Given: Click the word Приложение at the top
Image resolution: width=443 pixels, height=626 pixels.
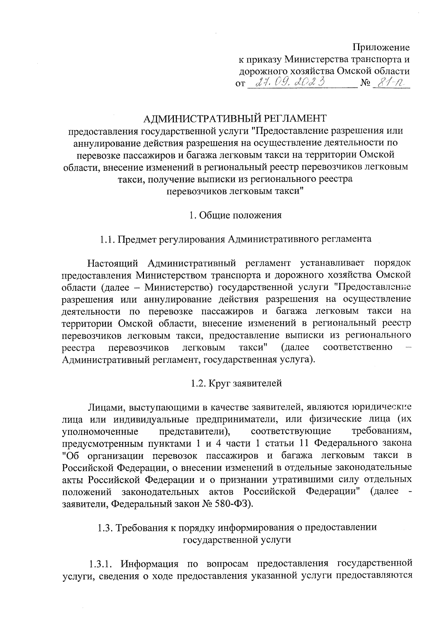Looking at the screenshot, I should (x=381, y=48).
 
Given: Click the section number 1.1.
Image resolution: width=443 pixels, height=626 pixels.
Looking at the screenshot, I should (x=107, y=239).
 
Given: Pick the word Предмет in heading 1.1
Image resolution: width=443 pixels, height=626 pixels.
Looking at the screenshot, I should (x=136, y=239).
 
